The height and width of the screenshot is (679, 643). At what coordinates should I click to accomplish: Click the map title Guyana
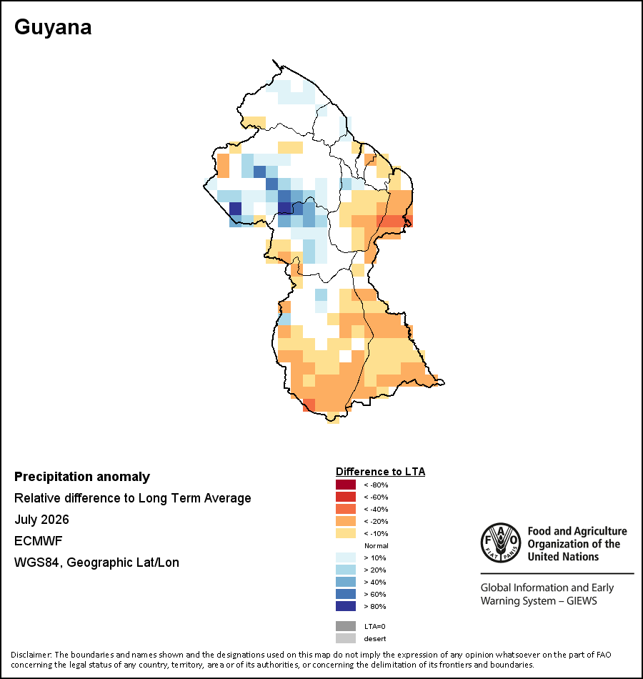coord(53,28)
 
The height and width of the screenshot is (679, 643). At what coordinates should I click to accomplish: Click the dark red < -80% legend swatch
coord(346,485)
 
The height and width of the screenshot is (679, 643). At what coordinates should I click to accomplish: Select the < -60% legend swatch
coord(346,497)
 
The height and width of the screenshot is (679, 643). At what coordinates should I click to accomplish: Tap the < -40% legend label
coord(376,509)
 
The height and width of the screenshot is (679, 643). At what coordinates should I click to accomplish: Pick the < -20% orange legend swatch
coord(346,521)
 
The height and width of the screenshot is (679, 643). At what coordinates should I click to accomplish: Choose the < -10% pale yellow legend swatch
coord(346,533)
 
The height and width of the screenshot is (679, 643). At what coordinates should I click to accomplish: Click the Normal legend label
coord(377,545)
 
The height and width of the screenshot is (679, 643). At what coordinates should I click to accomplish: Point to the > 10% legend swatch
coord(346,557)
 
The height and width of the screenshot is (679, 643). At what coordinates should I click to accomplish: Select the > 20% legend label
coord(375,570)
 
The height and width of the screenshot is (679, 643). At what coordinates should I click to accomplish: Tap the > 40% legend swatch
coord(346,582)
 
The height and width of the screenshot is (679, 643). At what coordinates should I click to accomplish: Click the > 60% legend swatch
coord(346,594)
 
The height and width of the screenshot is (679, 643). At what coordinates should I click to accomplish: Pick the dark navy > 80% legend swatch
coord(346,606)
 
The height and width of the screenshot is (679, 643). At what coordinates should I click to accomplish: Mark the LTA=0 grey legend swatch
coord(346,626)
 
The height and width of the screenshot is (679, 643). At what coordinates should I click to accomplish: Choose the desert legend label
coord(375,639)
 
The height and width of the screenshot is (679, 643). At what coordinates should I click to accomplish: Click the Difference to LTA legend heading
coord(381,472)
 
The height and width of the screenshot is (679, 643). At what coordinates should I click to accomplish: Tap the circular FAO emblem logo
coord(501,543)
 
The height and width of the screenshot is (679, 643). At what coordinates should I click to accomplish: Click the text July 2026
coord(41,519)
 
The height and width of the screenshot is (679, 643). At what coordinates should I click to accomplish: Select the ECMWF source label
coord(39,541)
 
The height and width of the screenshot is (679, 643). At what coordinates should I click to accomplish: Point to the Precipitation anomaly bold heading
coord(82,477)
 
